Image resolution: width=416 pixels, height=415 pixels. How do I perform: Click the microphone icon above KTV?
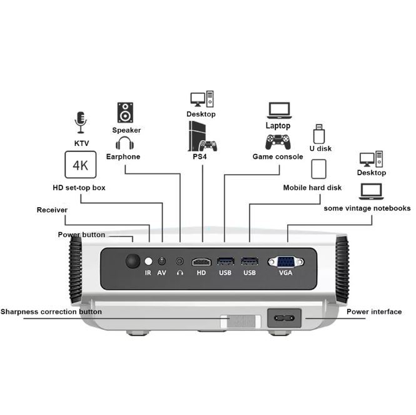click(80, 122)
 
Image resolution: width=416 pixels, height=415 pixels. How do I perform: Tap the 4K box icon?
click(80, 166)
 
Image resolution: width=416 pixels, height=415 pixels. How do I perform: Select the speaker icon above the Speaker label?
click(126, 113)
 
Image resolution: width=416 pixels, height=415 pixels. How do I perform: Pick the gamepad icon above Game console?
click(278, 141)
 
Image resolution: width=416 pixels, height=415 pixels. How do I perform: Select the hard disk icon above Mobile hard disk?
click(319, 170)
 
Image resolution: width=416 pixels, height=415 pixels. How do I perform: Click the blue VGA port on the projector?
click(286, 262)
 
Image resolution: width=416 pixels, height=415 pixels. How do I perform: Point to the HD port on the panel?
click(201, 262)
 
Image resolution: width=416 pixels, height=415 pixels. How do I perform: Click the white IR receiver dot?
click(148, 261)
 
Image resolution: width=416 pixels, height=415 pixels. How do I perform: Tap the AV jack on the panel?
click(163, 261)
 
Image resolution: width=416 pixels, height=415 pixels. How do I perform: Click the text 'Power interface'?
click(374, 311)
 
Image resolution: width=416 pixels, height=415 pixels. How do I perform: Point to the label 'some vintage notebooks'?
click(367, 208)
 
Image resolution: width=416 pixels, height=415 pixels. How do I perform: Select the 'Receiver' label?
click(52, 210)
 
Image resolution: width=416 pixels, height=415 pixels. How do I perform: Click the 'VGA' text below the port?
click(286, 273)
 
